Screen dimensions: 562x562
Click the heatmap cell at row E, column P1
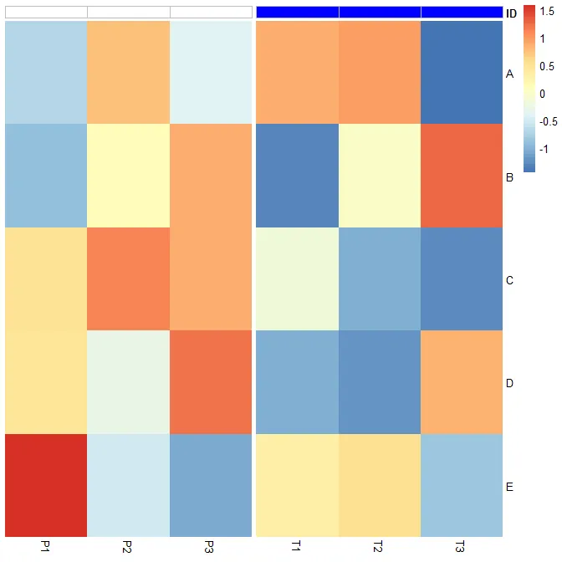pyautogui.click(x=46, y=485)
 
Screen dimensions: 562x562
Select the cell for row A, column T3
pyautogui.click(x=462, y=72)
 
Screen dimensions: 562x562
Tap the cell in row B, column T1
pyautogui.click(x=297, y=176)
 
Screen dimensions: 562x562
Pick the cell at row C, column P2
pyautogui.click(x=128, y=278)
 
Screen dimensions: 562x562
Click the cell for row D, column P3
pyautogui.click(x=211, y=382)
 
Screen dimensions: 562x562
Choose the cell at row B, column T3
pyautogui.click(x=462, y=176)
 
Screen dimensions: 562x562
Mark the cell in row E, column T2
pyautogui.click(x=380, y=485)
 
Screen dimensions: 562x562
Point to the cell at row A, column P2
pyautogui.click(x=128, y=72)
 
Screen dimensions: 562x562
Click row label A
pyautogui.click(x=509, y=74)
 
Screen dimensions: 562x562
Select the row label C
pyautogui.click(x=509, y=280)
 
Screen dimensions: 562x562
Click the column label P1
pyautogui.click(x=46, y=547)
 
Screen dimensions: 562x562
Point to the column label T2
pyautogui.click(x=379, y=547)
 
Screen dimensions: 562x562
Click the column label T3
pyautogui.click(x=461, y=547)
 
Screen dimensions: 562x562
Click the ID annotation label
pyautogui.click(x=511, y=13)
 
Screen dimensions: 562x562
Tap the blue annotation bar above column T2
pyautogui.click(x=380, y=12)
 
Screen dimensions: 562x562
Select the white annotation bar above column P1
pyautogui.click(x=46, y=12)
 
